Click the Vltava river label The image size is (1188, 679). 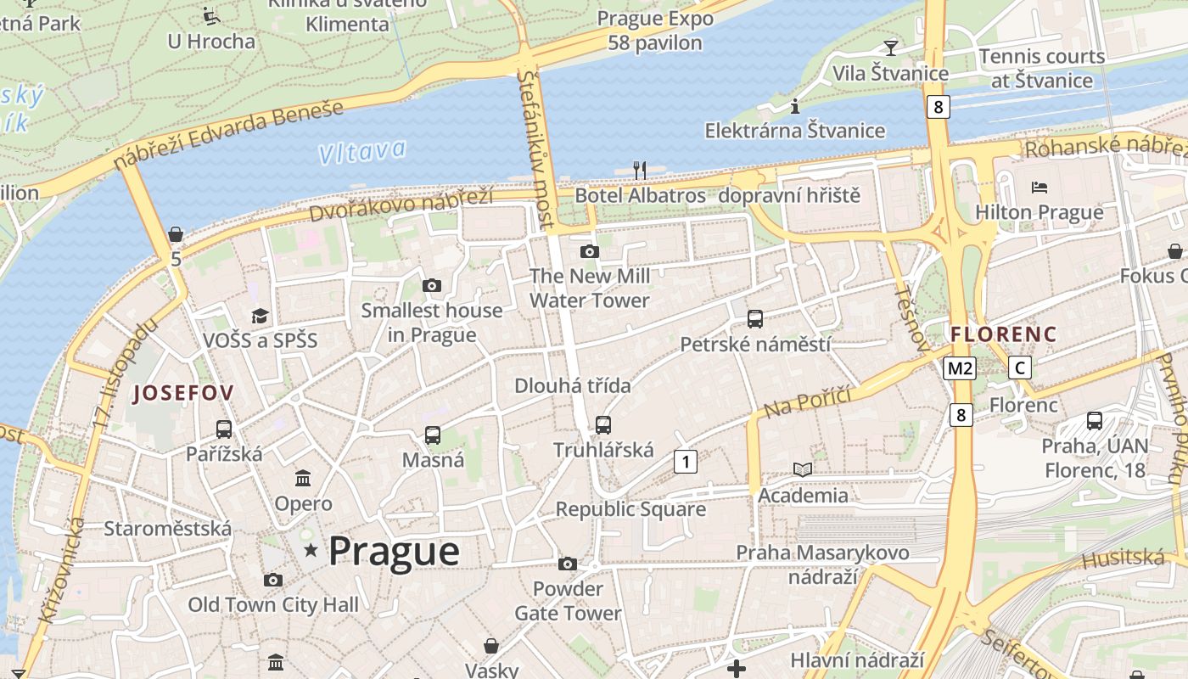(x=362, y=152)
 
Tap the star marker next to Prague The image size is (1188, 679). (x=311, y=551)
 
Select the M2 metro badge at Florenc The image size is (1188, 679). (x=960, y=368)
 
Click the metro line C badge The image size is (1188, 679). (x=1020, y=368)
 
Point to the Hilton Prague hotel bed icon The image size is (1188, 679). (x=1039, y=187)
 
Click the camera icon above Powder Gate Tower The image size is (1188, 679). (x=568, y=564)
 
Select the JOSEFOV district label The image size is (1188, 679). (x=182, y=393)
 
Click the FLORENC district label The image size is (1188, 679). (x=1004, y=334)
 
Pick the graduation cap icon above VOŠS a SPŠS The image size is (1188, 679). (x=260, y=316)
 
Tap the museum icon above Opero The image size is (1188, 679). (x=303, y=478)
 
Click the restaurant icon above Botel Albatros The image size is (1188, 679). (x=640, y=171)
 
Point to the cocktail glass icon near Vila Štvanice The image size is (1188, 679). (x=890, y=48)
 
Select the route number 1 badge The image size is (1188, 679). (x=685, y=462)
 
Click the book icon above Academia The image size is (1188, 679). (x=803, y=469)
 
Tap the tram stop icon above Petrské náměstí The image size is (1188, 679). (x=755, y=319)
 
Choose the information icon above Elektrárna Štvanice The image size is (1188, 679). (x=795, y=106)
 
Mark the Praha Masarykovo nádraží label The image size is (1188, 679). (x=822, y=564)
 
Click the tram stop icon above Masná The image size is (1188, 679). (x=433, y=435)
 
